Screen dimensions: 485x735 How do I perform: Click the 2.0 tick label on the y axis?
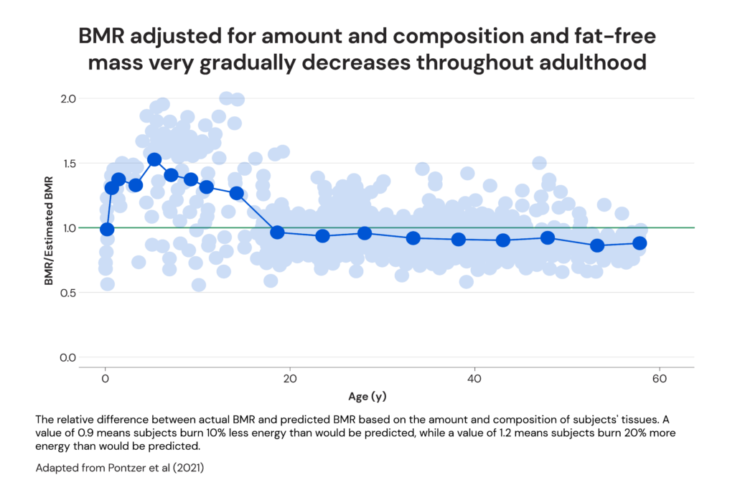[66, 98]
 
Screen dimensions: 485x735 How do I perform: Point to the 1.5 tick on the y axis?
[66, 163]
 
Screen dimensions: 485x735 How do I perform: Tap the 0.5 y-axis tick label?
[66, 293]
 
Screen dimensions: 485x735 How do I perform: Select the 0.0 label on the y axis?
[66, 357]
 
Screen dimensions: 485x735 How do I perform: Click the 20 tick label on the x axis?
[290, 379]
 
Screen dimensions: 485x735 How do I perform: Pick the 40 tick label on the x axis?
[474, 379]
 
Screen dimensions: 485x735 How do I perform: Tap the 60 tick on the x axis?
[659, 379]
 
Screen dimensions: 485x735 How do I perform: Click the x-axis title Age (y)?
[367, 395]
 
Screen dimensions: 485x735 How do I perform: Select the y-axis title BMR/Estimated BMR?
[50, 228]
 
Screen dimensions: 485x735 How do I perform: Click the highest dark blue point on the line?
[154, 160]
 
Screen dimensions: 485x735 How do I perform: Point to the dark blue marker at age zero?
[107, 230]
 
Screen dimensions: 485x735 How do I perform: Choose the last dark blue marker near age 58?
[640, 243]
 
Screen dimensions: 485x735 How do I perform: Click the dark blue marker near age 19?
[277, 232]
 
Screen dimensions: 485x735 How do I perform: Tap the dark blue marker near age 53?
[596, 245]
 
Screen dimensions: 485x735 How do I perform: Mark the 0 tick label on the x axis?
[106, 379]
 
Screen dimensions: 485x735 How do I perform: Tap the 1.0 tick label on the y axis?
[66, 228]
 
